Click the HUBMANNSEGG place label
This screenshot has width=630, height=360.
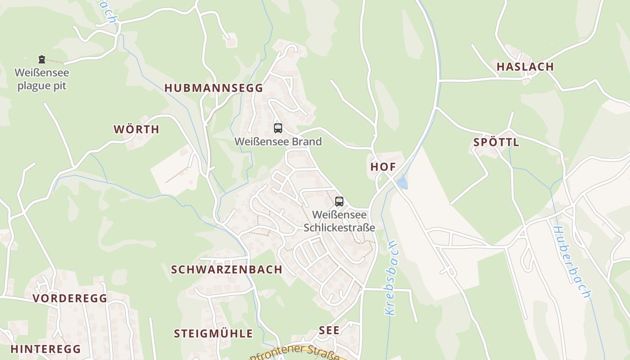coord(213,88)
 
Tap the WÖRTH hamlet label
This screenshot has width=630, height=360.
coord(136,130)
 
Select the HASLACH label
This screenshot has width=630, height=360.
coord(525,67)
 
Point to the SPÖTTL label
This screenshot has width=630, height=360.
coord(496,143)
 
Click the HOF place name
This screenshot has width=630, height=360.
coord(383,167)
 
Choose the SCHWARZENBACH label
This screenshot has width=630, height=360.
coord(226,270)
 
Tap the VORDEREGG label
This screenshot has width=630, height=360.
coord(70,298)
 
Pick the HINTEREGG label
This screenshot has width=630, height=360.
coord(45,349)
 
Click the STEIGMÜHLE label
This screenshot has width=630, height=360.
coord(213,333)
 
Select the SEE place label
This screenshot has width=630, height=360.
coord(329,330)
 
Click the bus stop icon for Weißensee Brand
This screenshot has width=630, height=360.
coord(278,128)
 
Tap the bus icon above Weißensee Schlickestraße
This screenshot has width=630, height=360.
coord(339,202)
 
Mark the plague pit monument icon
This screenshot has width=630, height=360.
coord(42,59)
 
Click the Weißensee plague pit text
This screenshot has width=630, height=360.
coord(42,79)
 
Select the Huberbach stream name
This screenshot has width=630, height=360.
coord(571,261)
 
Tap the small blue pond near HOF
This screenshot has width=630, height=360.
coord(402,183)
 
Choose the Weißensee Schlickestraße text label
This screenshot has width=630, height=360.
coord(339,221)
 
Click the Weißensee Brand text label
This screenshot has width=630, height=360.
coord(278,142)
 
